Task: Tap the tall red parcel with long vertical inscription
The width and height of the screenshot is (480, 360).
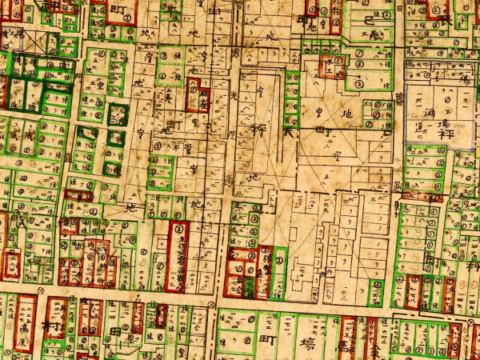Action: [177, 256]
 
